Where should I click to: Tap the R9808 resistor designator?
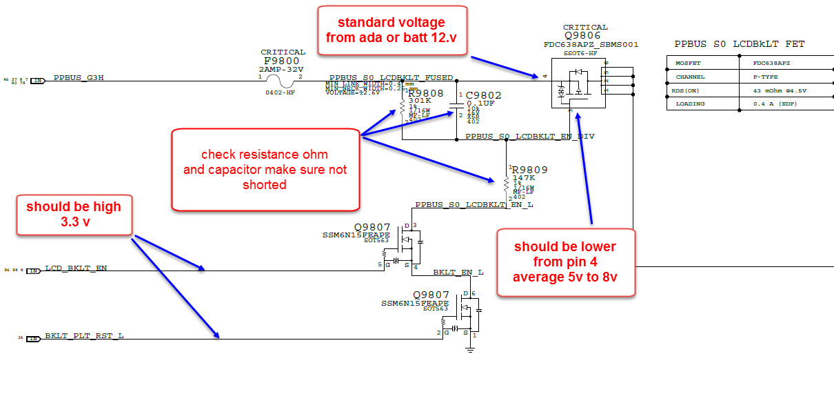click(x=426, y=93)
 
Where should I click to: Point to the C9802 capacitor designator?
click(x=484, y=96)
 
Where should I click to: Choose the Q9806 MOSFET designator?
click(x=582, y=36)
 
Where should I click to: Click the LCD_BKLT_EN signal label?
click(x=76, y=268)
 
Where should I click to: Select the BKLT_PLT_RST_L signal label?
click(x=84, y=335)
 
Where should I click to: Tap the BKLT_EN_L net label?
click(x=458, y=273)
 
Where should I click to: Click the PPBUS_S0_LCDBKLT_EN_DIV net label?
click(x=529, y=137)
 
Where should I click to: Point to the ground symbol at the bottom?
click(x=470, y=350)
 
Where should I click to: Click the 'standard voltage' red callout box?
click(x=392, y=31)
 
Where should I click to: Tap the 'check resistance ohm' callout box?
click(x=265, y=170)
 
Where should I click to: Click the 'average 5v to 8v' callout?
click(x=565, y=262)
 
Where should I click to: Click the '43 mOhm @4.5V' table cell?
click(x=779, y=90)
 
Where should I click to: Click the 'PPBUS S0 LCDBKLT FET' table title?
click(x=739, y=45)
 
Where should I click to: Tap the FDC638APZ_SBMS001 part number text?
click(x=591, y=45)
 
